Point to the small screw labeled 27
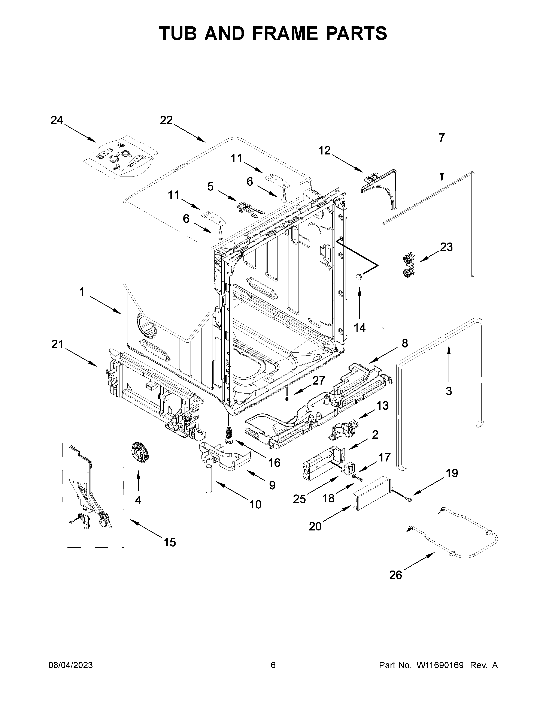(287, 399)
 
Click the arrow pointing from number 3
(449, 362)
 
